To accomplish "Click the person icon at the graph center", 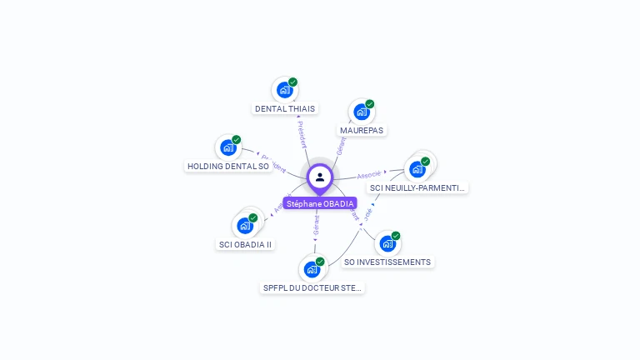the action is (320, 177).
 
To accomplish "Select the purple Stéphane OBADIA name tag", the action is (320, 203).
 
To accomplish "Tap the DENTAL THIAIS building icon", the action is (285, 90).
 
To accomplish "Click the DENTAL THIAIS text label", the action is (285, 108).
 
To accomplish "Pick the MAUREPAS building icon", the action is (362, 112).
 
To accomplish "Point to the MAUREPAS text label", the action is (362, 130).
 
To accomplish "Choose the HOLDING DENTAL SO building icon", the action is (228, 148).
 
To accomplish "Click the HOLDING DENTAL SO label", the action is (228, 167).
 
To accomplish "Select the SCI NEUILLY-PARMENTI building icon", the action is (417, 169).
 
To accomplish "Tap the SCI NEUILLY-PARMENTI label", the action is (417, 187).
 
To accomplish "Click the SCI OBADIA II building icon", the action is (245, 226).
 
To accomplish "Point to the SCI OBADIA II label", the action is (245, 244).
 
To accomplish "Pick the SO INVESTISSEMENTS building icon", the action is (387, 244).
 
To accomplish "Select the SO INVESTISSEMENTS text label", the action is (387, 262).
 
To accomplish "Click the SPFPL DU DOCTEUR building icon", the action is (312, 269).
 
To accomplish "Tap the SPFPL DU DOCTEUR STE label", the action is (313, 287).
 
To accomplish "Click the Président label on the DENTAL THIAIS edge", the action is (302, 133).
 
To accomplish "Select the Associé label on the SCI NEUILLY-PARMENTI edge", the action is (370, 175).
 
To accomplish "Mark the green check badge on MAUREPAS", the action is (370, 104).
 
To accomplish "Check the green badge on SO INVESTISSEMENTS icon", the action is (396, 236).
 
